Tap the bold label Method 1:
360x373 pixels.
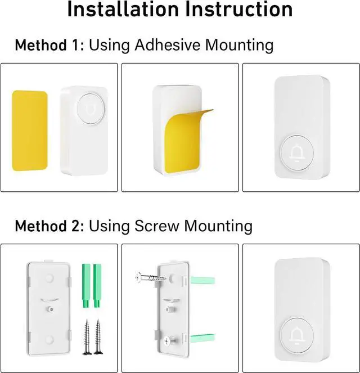pyautogui.click(x=49, y=44)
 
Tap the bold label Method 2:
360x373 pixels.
pyautogui.click(x=49, y=226)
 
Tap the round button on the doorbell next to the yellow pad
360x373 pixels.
pyautogui.click(x=87, y=105)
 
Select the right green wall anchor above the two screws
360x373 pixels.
pyautogui.click(x=97, y=285)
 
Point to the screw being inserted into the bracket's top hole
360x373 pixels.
pyautogui.click(x=150, y=277)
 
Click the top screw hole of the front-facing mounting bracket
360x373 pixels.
pyautogui.click(x=48, y=278)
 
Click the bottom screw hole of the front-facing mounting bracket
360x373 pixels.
pyautogui.click(x=48, y=339)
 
